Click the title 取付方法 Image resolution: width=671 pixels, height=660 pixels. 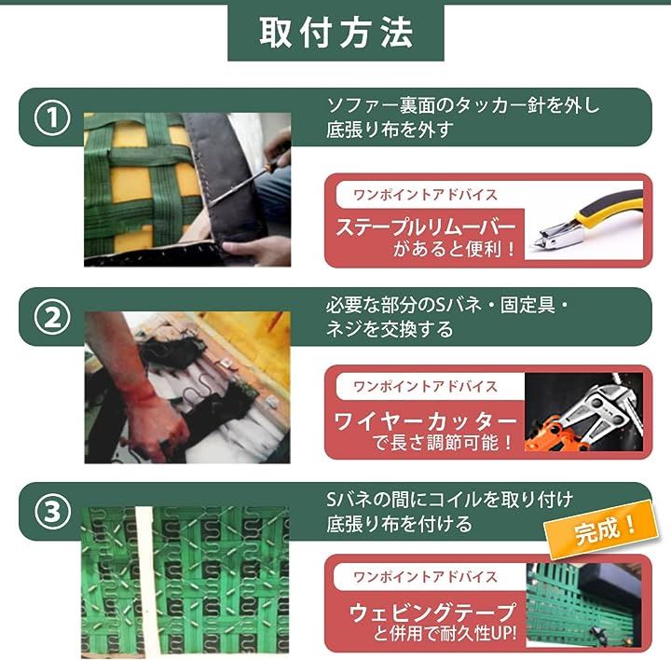335,32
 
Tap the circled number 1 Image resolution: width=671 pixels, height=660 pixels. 52,117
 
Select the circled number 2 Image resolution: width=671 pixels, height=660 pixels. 52,318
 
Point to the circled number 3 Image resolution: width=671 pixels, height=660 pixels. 52,512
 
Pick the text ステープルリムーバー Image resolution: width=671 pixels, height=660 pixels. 425,227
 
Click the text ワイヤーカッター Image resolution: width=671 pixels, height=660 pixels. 425,421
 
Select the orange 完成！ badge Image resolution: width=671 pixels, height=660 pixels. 602,529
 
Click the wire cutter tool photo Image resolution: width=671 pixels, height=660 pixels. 583,412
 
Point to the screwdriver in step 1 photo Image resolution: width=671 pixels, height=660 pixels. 244,182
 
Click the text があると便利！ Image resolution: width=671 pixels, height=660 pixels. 455,248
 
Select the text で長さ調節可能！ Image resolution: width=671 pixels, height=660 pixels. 443,442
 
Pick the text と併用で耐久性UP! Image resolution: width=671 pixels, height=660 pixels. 445,633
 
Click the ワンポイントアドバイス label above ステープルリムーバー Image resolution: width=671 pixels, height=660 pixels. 425,195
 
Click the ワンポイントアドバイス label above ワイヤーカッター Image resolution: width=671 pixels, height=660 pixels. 425,387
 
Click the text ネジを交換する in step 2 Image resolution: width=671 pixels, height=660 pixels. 390,330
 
